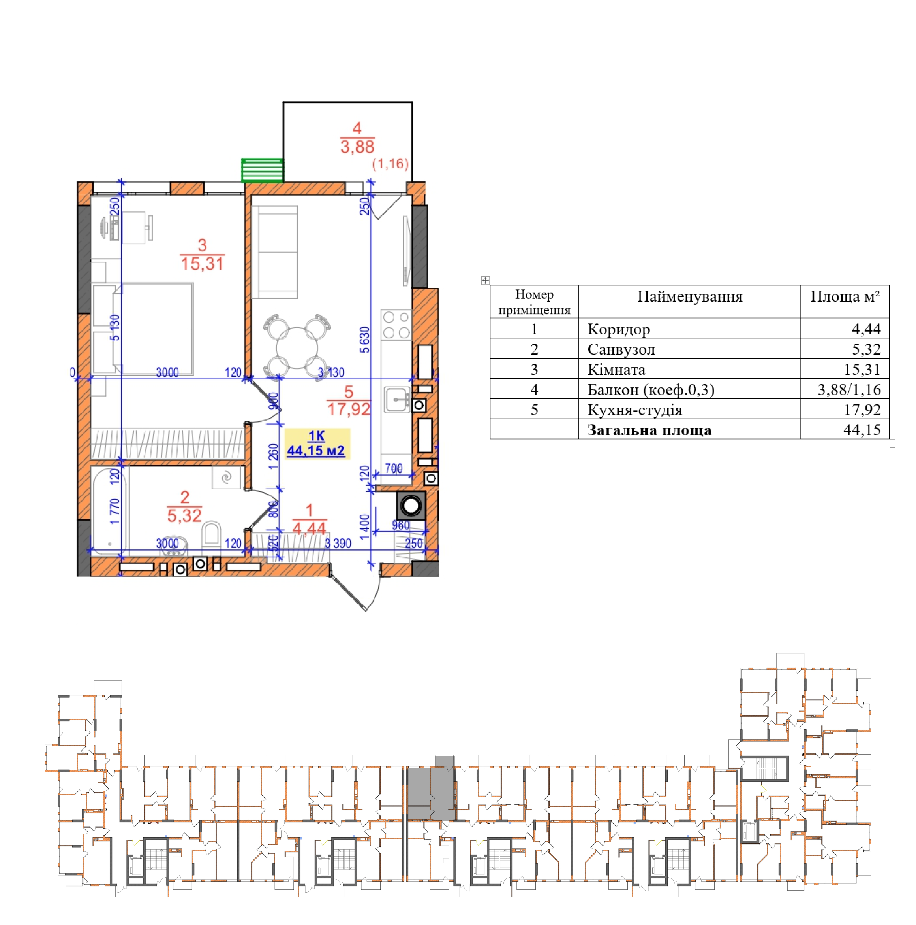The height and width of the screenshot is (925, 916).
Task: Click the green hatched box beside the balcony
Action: point(262,170)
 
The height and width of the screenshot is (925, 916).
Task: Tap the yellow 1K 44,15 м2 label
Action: point(317,444)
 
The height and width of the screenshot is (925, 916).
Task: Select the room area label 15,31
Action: point(202,263)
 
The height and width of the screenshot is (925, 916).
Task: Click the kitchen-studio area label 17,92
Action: point(349,409)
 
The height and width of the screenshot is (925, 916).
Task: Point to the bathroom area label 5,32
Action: point(185,515)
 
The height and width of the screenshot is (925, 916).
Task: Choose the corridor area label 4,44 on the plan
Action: point(309,528)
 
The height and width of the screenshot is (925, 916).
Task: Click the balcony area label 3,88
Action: point(357,147)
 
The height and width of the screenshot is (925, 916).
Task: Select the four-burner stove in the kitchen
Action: point(396,325)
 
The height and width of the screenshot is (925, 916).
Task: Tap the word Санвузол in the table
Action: point(621,349)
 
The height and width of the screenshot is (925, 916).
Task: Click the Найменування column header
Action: point(690,297)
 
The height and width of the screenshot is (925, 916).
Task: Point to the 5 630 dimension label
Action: point(365,340)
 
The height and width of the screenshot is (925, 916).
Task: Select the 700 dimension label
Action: point(394,468)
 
